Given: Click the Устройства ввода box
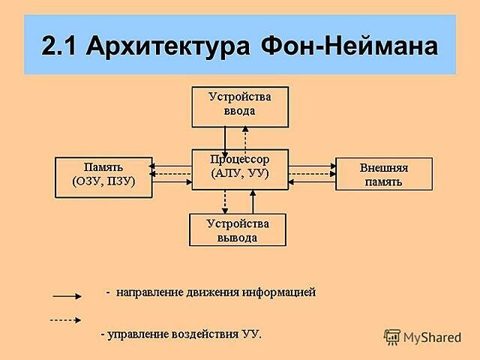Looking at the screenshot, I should tap(239, 106).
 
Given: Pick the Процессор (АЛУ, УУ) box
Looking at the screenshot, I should tap(239, 169).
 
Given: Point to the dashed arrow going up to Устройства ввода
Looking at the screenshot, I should tap(245, 139).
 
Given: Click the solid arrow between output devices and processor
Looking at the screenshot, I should tap(253, 201).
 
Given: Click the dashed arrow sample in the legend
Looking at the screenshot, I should tap(66, 319).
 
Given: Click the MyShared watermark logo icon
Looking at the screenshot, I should tap(392, 337).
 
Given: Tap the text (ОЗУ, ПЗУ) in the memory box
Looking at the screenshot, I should tap(103, 182).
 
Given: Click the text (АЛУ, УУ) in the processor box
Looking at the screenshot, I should tap(239, 175).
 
